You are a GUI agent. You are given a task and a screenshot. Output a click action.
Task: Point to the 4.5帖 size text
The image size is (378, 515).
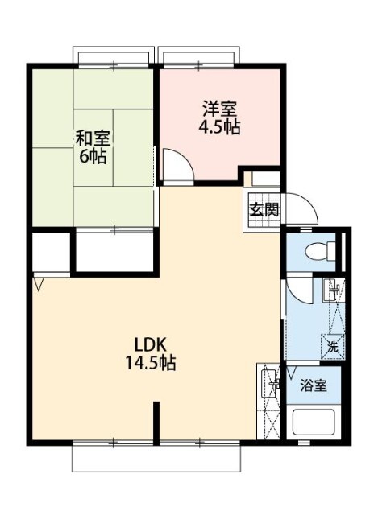pos(219,126)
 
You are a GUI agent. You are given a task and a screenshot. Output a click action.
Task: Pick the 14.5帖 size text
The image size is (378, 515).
pos(150,363)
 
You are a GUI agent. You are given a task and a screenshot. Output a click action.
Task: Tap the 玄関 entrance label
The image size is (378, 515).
pos(264,211)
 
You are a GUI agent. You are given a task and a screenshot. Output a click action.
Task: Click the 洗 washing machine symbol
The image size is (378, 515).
pos(332,347)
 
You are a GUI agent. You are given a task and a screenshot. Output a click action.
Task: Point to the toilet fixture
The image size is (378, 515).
pos(321,251)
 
